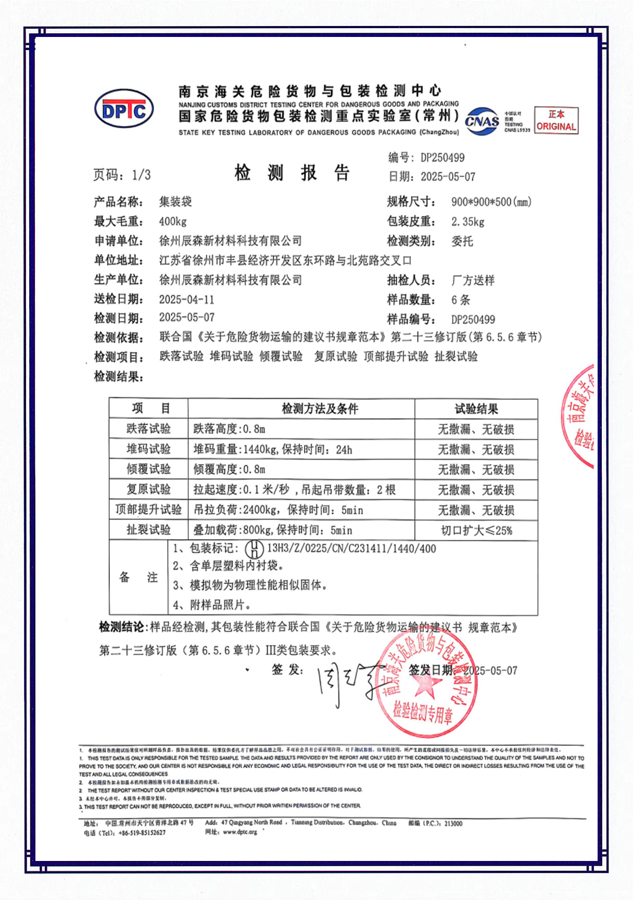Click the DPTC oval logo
124,109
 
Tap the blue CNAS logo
482,121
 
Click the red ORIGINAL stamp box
556,121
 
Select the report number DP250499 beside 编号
442,158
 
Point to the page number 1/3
141,175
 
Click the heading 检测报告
292,172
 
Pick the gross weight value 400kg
173,221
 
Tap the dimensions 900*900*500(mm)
491,202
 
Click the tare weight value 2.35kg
468,222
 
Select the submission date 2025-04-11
186,299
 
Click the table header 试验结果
476,409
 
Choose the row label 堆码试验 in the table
148,449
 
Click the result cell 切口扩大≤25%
476,530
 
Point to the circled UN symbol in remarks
254,549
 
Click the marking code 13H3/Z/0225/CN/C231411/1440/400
351,549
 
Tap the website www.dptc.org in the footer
240,832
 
